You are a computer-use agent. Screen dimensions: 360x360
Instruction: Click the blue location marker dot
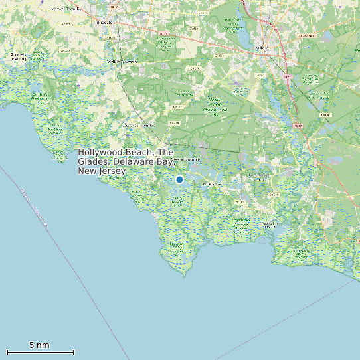click(179, 179)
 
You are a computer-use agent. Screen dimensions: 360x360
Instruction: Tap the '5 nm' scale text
click(39, 345)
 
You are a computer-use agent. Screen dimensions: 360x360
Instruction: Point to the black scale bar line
click(40, 352)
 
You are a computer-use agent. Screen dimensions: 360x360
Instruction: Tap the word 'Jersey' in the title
click(112, 171)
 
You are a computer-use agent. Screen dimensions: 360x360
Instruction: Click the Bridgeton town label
click(104, 22)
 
